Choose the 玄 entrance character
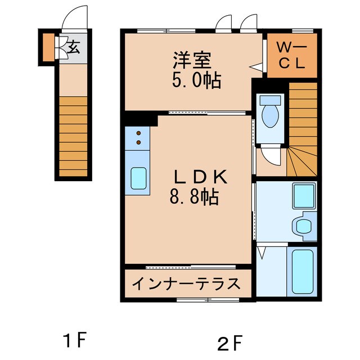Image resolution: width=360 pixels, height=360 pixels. pyautogui.click(x=74, y=47)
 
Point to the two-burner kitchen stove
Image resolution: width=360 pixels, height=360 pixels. pyautogui.click(x=137, y=138)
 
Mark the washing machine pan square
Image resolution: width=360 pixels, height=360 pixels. pyautogui.click(x=304, y=196)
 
